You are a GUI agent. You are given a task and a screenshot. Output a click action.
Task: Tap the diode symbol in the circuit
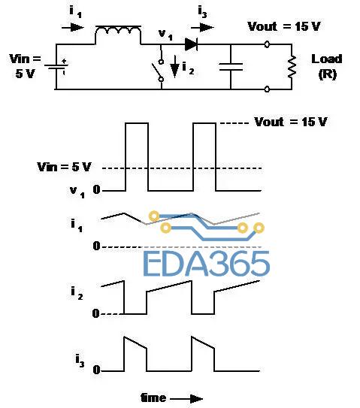(x=191, y=44)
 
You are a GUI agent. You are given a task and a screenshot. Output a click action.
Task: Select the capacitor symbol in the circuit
(x=231, y=67)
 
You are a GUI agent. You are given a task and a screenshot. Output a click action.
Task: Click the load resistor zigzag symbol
(x=292, y=66)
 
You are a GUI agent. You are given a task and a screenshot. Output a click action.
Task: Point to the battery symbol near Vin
(x=56, y=67)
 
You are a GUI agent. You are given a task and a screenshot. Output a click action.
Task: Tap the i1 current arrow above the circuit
(x=73, y=27)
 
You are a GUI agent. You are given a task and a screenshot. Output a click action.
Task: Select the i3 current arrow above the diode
(x=202, y=27)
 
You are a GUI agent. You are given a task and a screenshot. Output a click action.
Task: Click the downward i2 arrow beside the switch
(x=174, y=66)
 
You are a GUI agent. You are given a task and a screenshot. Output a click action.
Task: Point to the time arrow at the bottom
(x=186, y=398)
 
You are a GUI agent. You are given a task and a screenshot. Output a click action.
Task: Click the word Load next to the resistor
(x=327, y=59)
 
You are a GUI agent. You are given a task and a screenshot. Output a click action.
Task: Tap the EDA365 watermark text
(x=207, y=263)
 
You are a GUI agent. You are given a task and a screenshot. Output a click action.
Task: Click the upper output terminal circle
(x=267, y=44)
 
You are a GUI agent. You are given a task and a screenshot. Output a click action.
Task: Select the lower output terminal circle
(x=267, y=89)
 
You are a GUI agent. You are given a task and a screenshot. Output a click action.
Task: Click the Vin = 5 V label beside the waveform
(x=65, y=167)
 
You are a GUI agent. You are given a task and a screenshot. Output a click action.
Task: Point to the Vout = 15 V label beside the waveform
(x=291, y=122)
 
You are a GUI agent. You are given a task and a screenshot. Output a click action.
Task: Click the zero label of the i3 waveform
(x=96, y=370)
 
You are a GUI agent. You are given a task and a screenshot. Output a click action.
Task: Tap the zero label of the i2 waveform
(x=95, y=313)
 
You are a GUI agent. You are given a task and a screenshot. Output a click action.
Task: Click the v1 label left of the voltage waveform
(x=77, y=192)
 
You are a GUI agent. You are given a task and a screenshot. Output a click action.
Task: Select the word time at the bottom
(x=153, y=397)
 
